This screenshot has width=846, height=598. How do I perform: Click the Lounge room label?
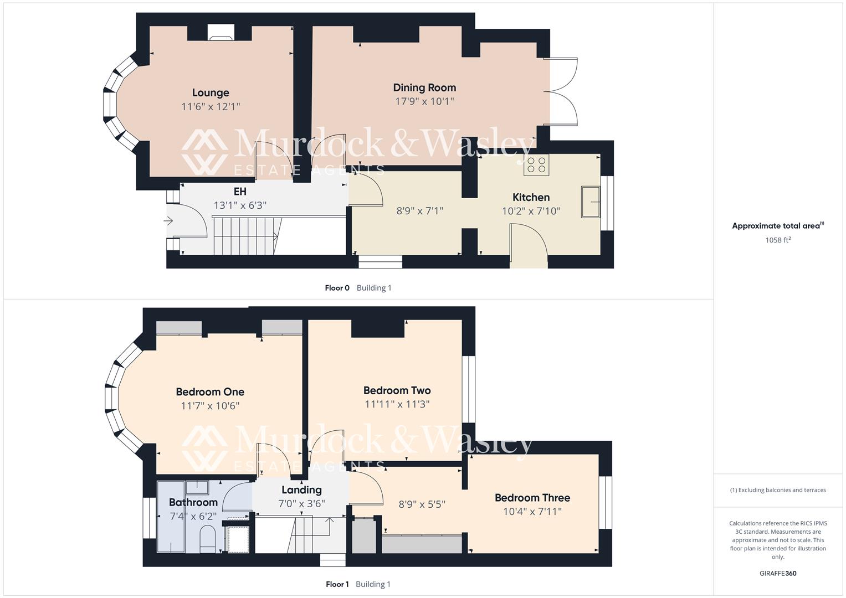point(211,93)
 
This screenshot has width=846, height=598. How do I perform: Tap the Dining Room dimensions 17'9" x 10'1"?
point(424,101)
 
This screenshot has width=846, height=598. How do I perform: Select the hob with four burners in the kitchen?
point(536,164)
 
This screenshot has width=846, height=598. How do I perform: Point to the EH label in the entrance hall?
point(240,192)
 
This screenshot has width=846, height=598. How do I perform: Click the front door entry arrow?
point(169,221)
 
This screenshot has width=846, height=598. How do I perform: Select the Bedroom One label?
point(210,392)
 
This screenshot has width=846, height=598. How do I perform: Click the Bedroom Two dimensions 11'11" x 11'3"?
point(397,405)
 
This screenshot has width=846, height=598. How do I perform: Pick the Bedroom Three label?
point(532,498)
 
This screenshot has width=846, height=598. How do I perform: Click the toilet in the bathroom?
point(207,539)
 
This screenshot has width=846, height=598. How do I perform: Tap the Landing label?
point(301,490)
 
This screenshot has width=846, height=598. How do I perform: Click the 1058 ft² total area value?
point(777,240)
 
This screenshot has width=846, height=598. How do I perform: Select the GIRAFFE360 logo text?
point(778,574)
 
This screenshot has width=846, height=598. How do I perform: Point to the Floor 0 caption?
point(337,288)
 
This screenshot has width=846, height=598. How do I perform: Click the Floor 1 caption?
point(337,584)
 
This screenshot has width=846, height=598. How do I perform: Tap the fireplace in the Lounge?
point(221,34)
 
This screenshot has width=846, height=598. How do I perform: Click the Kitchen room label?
point(531,198)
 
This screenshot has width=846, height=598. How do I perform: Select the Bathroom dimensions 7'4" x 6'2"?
point(193,516)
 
